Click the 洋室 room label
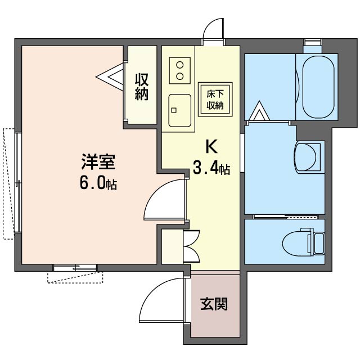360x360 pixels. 98,162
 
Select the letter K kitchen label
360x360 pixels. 211,146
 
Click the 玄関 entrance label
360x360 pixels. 214,304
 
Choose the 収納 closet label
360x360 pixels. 142,87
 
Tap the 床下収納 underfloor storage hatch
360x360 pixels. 215,100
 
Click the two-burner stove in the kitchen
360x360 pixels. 180,70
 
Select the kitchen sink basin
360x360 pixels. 180,110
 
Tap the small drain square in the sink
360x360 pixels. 174,110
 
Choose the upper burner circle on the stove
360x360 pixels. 180,65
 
